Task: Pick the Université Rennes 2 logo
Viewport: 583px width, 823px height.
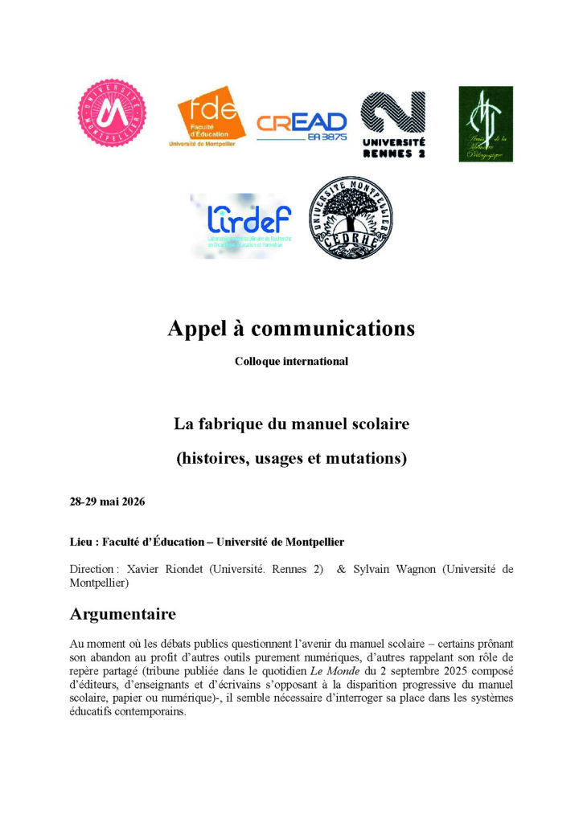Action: coord(393,124)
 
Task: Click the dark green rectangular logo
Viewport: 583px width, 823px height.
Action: coord(486,124)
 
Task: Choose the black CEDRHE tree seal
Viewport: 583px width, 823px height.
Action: coord(351,219)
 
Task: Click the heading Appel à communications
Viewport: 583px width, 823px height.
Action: coord(291,328)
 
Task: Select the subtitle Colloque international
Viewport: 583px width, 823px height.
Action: coord(291,362)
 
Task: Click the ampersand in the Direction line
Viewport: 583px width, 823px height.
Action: coord(342,569)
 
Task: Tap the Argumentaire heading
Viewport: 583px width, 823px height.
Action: coord(123,615)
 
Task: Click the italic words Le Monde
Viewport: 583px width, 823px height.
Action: coord(325,669)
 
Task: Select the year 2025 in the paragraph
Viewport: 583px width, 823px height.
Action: coord(441,669)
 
